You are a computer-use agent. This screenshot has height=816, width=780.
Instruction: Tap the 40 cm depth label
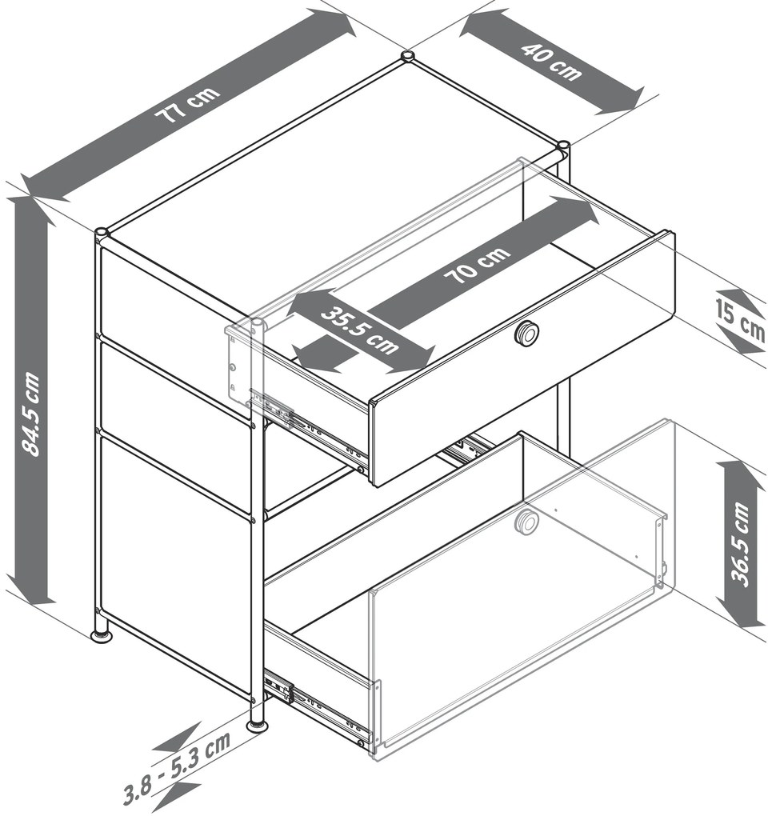(x=550, y=62)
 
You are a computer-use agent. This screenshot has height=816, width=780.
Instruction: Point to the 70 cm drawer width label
(x=477, y=264)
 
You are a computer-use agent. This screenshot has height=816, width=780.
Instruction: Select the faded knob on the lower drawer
(x=527, y=522)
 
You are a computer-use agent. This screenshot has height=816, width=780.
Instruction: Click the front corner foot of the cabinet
(x=257, y=725)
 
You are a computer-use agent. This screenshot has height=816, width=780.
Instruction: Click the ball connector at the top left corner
(x=102, y=232)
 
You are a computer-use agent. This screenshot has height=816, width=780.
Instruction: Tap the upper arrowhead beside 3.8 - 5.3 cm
(x=178, y=737)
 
